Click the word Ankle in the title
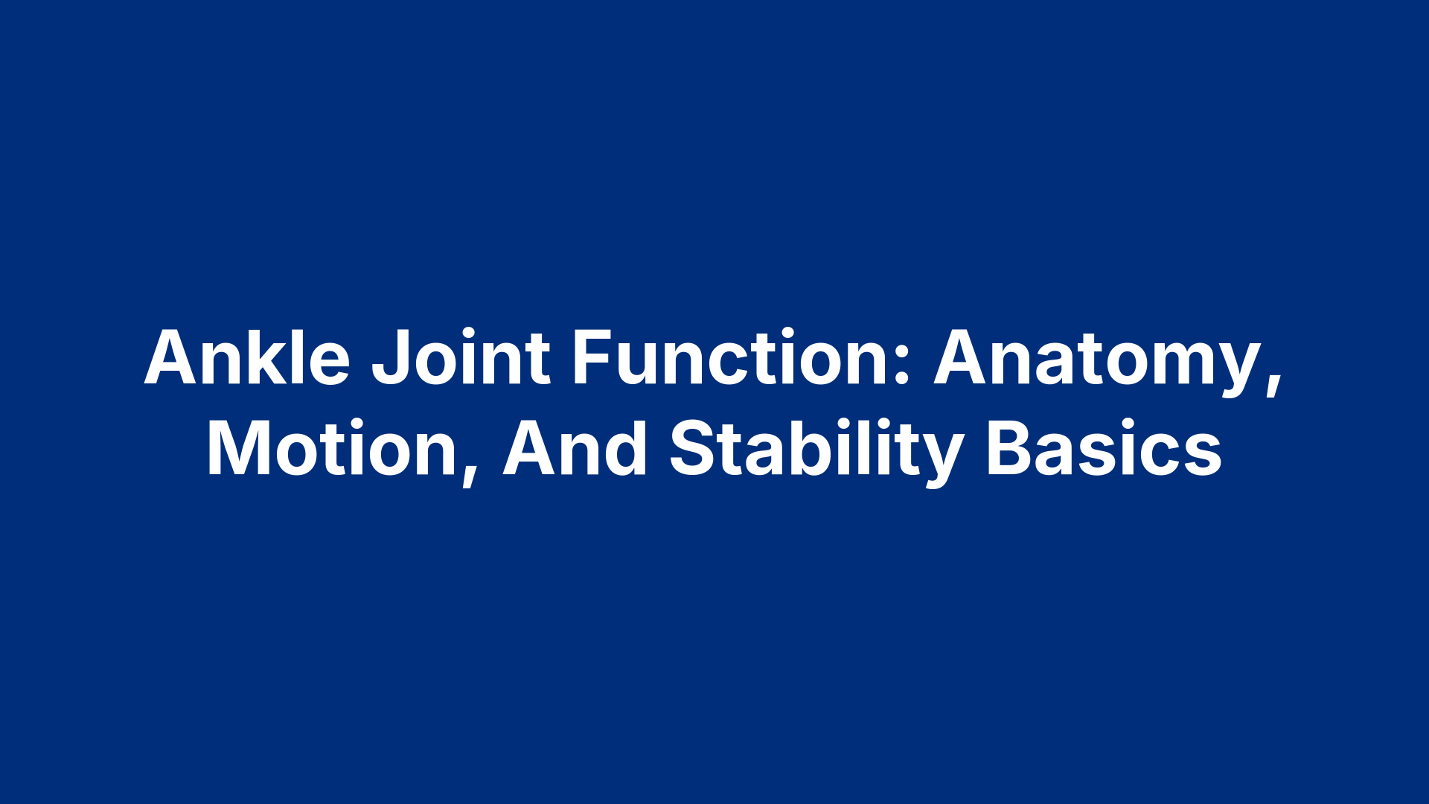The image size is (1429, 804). pos(247,359)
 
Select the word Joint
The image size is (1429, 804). pos(461,359)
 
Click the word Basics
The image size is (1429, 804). pos(1104,450)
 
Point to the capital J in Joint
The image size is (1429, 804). pos(389,359)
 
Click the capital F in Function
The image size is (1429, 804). pos(590,359)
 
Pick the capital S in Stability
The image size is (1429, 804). pos(691,450)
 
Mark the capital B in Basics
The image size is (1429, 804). pos(1008,450)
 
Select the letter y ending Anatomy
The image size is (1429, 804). pos(1238,368)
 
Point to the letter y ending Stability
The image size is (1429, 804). pos(943,457)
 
